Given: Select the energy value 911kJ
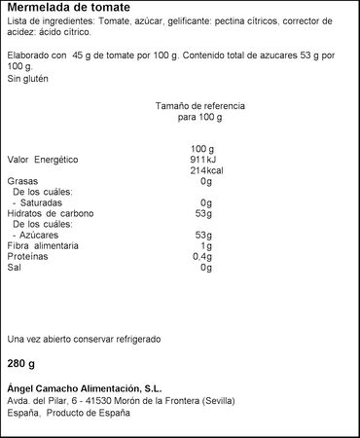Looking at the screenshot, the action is [201, 159].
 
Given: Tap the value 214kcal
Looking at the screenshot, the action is [200, 170].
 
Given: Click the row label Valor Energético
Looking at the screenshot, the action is [43, 159].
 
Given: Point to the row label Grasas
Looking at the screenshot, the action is [22, 181].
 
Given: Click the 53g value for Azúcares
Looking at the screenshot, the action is [203, 235].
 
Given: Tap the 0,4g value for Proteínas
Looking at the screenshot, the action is [201, 256].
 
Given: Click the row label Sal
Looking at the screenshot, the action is [14, 267].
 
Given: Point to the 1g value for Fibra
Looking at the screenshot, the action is [206, 245].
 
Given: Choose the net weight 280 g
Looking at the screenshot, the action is [21, 365].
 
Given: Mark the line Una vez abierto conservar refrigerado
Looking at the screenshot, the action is [84, 339].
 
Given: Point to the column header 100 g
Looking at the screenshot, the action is [202, 148].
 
